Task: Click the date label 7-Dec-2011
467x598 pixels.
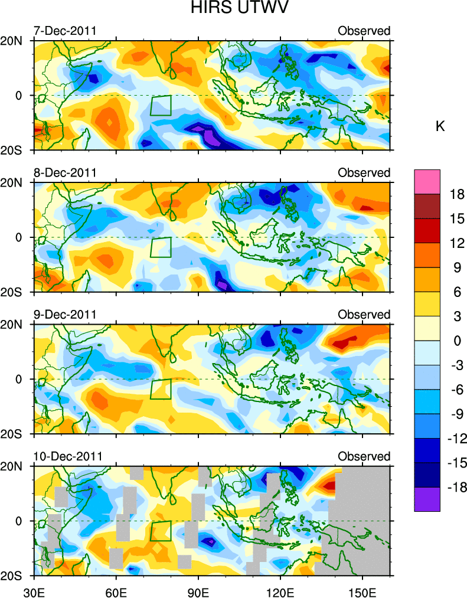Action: coord(66,31)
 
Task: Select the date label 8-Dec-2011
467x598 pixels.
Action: coord(66,172)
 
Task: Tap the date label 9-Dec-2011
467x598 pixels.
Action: coord(66,314)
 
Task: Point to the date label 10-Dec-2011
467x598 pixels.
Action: coord(68,456)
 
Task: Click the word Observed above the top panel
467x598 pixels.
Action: coord(364,31)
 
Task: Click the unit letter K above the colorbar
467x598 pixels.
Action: coord(440,127)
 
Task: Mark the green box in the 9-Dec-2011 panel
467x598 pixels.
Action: coord(161,389)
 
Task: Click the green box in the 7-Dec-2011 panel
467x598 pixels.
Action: coord(161,106)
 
